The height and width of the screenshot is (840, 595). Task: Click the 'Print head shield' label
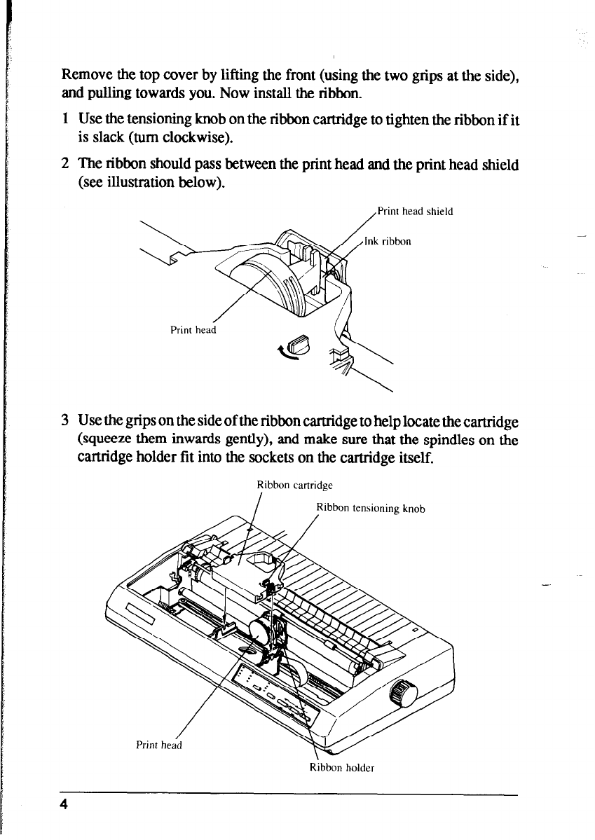416,210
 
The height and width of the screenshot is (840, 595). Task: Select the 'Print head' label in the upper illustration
191,331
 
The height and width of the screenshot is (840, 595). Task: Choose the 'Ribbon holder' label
342,766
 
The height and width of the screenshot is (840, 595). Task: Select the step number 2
64,165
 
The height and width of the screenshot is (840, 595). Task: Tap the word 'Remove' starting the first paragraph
87,74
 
